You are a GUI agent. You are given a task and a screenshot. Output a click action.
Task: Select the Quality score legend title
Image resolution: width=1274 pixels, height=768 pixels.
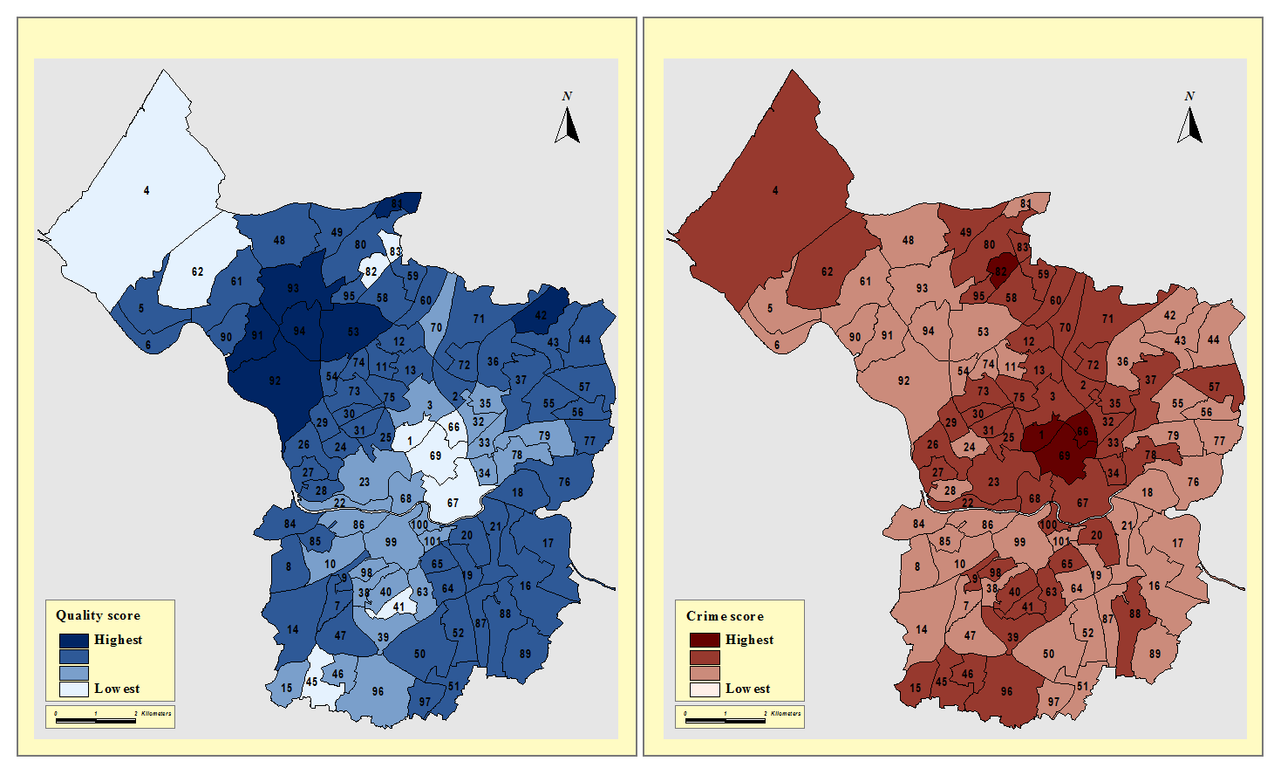(98, 615)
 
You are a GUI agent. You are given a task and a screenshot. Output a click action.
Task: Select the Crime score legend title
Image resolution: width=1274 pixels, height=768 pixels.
(725, 616)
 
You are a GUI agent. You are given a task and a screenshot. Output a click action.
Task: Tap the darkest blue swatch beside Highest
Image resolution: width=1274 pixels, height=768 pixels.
(74, 640)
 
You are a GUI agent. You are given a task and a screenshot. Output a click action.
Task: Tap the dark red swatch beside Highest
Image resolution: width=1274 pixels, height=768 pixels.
(705, 641)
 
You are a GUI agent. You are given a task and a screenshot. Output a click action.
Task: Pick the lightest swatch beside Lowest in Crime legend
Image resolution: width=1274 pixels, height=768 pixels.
(705, 689)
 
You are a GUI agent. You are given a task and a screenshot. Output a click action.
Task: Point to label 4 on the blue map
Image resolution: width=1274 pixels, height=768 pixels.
(146, 190)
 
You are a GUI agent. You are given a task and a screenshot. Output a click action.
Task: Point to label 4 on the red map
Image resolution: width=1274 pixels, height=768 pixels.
(775, 190)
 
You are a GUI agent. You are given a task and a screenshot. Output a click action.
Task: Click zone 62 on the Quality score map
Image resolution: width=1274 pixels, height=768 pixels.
(197, 271)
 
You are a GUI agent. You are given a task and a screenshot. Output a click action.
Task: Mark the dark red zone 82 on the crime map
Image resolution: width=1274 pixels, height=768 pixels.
(1001, 271)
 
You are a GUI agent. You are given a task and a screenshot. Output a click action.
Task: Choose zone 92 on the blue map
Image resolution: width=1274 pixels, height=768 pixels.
(275, 381)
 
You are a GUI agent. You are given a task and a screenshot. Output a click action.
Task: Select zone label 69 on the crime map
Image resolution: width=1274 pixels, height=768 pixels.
(1065, 456)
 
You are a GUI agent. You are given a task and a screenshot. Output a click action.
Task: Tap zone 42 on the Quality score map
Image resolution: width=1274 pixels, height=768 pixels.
(541, 315)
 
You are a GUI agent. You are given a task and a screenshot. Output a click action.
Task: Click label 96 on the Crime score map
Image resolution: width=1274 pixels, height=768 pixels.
(1007, 691)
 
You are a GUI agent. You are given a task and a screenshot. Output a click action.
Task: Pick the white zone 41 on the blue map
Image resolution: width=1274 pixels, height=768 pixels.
(399, 607)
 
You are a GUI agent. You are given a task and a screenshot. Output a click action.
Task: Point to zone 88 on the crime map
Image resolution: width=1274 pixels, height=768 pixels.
(1134, 614)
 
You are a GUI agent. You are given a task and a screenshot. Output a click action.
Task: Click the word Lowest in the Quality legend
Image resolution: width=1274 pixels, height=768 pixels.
(117, 689)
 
